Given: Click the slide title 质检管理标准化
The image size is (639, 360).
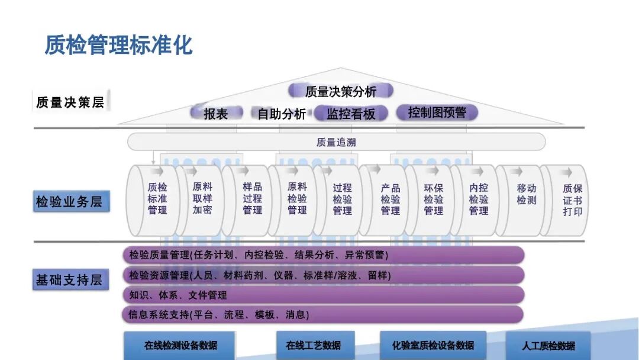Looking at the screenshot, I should click(119, 45).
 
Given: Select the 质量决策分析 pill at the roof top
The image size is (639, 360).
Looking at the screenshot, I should click(341, 91).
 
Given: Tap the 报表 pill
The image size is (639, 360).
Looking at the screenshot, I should click(216, 113).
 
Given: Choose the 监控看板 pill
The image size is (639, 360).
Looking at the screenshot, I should click(351, 114).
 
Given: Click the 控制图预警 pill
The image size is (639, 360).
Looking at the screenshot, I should click(437, 112).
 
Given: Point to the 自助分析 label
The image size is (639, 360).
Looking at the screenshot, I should click(282, 114).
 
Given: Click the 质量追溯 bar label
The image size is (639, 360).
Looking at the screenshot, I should click(336, 142).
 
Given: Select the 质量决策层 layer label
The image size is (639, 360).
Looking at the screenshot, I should click(70, 102).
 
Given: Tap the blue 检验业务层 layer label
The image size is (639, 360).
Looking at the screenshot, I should click(69, 201).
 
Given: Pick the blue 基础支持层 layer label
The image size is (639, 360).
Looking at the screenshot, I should click(69, 279).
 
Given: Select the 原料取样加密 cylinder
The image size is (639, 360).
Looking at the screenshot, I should click(202, 199).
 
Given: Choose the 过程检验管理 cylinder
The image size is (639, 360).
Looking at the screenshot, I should click(342, 199).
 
